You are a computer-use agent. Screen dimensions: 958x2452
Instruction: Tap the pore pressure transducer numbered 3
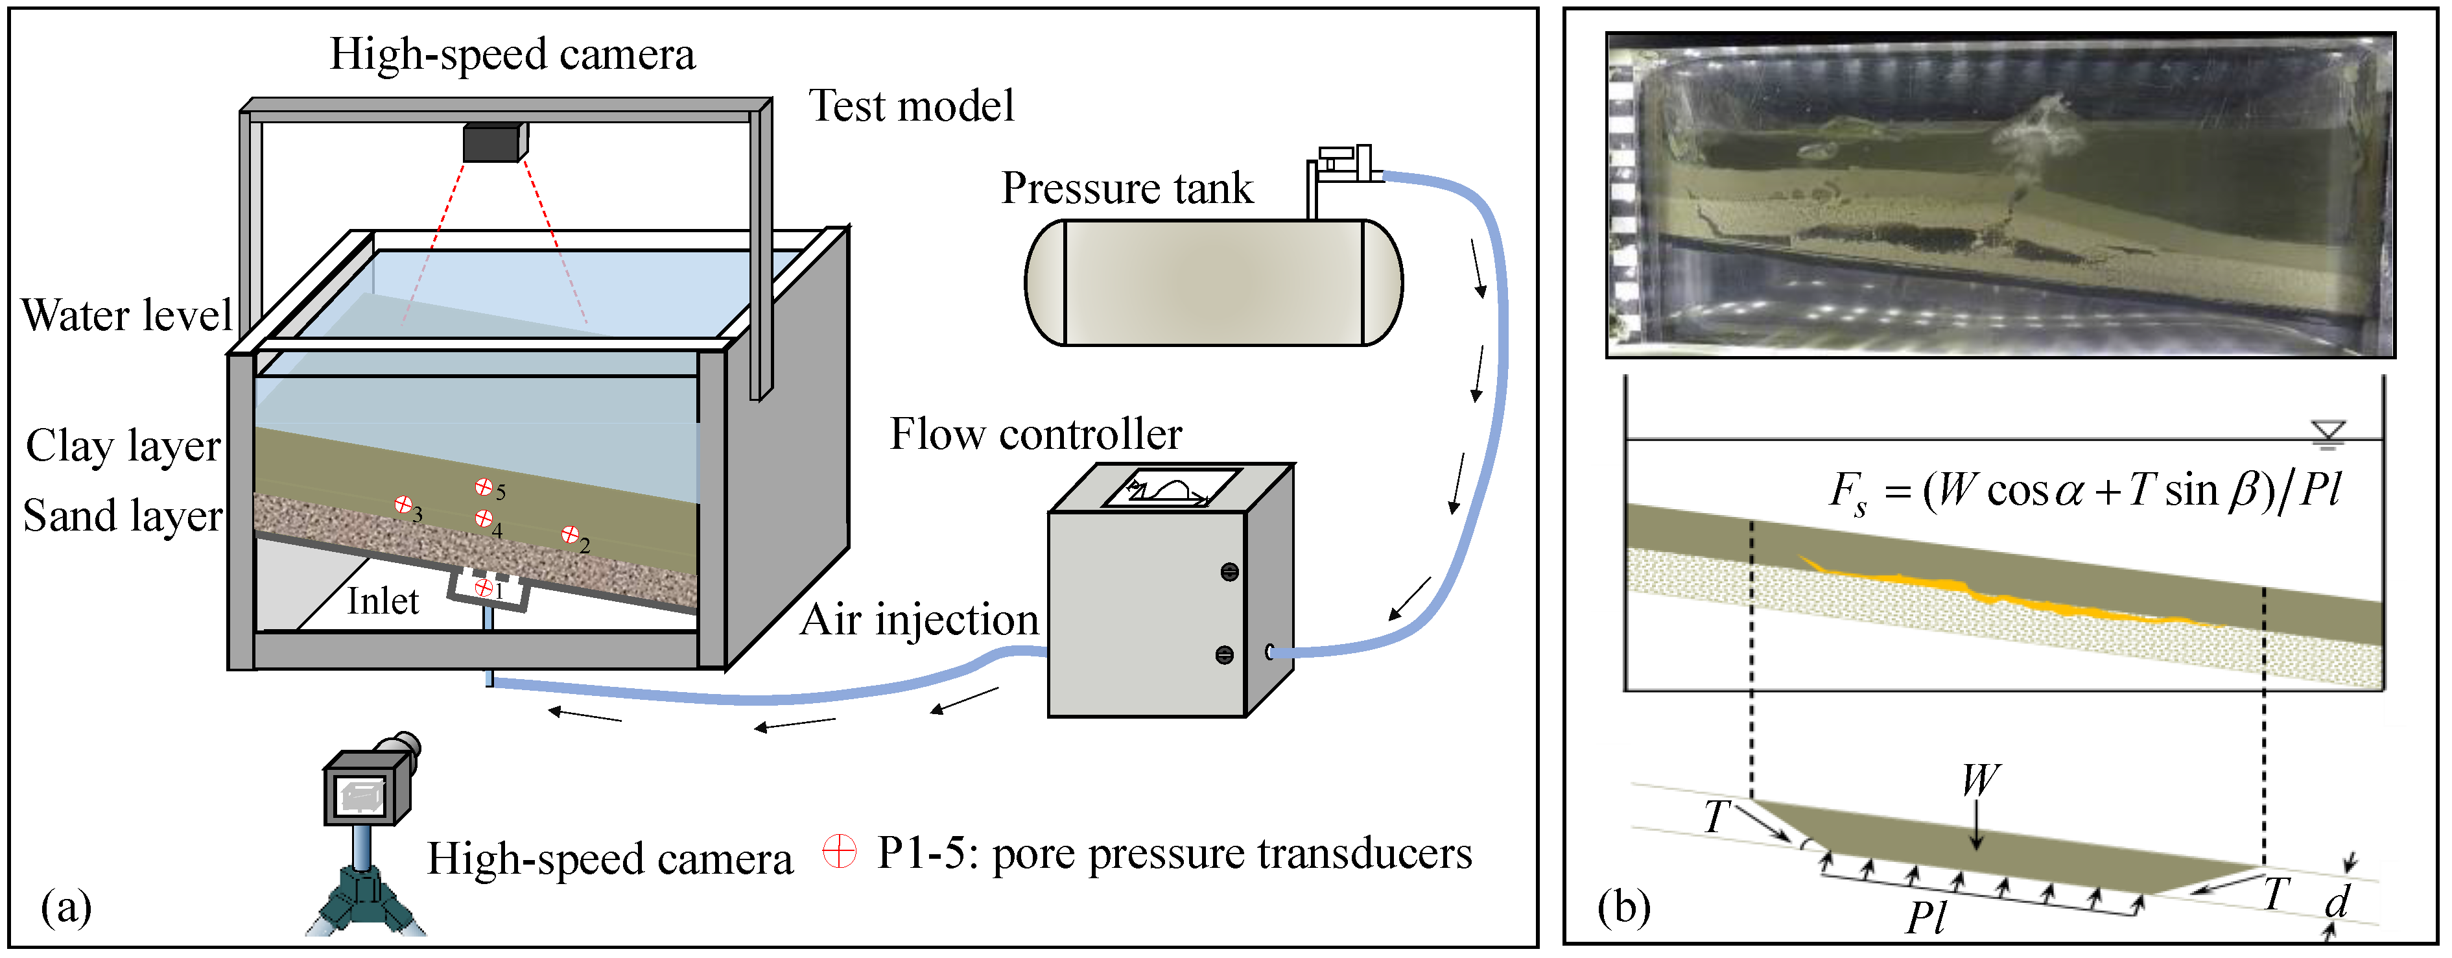point(404,504)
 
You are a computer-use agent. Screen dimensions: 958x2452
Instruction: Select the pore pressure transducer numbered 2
point(570,534)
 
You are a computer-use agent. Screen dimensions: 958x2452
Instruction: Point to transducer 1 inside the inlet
point(484,588)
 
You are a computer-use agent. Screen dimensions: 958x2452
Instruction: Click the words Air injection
point(919,620)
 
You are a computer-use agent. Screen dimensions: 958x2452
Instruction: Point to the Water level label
point(126,315)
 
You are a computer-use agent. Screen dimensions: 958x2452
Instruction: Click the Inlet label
point(383,602)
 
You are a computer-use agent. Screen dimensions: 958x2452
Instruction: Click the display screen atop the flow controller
point(1171,488)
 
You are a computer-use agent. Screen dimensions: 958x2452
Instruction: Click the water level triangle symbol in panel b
point(2328,433)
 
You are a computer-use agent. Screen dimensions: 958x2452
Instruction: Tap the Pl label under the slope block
point(1927,918)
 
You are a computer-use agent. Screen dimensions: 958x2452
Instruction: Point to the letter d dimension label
point(2337,901)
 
